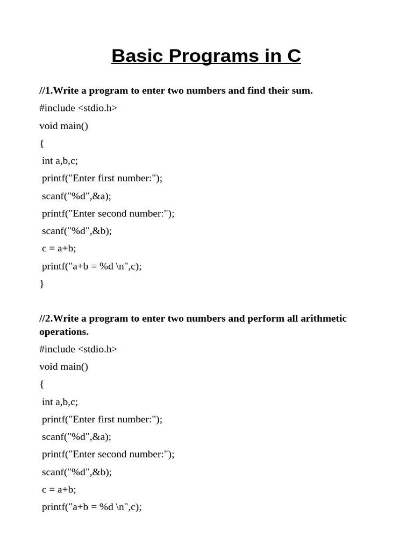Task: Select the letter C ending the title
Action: [x=294, y=56]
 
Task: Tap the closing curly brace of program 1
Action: [x=42, y=284]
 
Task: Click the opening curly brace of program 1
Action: [x=42, y=143]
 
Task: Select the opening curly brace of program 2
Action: [x=42, y=384]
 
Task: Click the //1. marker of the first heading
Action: [x=46, y=90]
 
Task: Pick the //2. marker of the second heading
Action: [x=46, y=319]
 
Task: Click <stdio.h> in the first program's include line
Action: [x=97, y=108]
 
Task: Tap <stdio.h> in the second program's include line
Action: [x=97, y=349]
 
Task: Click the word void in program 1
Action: [x=48, y=126]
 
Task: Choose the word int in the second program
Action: [x=47, y=402]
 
